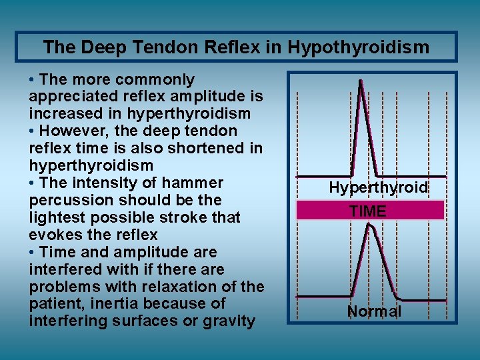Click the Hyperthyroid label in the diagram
tap(378, 188)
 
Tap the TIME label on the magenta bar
tap(367, 211)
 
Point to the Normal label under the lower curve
tap(374, 311)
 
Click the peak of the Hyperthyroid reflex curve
tap(361, 83)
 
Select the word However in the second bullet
tap(73, 131)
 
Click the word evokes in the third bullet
tap(54, 235)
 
